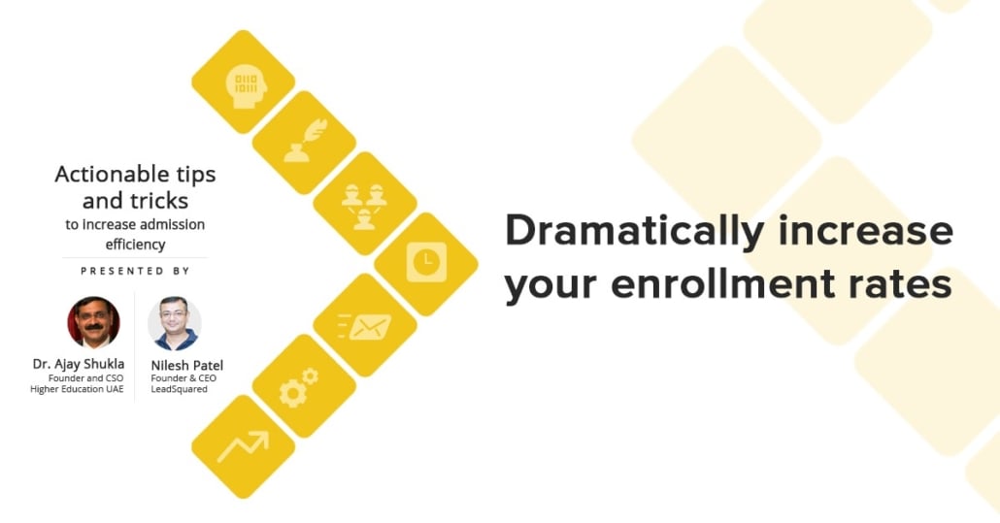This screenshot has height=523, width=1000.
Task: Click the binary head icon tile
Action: pos(243,82)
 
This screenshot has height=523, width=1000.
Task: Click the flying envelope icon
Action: pos(364,325)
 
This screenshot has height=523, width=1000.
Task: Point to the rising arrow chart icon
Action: pos(243,446)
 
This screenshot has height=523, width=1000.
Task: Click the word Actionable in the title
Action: pos(111,176)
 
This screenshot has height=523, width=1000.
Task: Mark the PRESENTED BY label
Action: pos(135,271)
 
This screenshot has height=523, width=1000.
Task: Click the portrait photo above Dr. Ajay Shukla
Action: pos(93,322)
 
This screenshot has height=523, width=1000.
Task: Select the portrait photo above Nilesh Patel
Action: pos(175,323)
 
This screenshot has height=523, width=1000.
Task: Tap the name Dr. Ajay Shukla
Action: pos(79,364)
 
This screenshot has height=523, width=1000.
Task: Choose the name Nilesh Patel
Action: pos(187,365)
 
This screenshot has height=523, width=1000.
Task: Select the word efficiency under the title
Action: pos(135,245)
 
